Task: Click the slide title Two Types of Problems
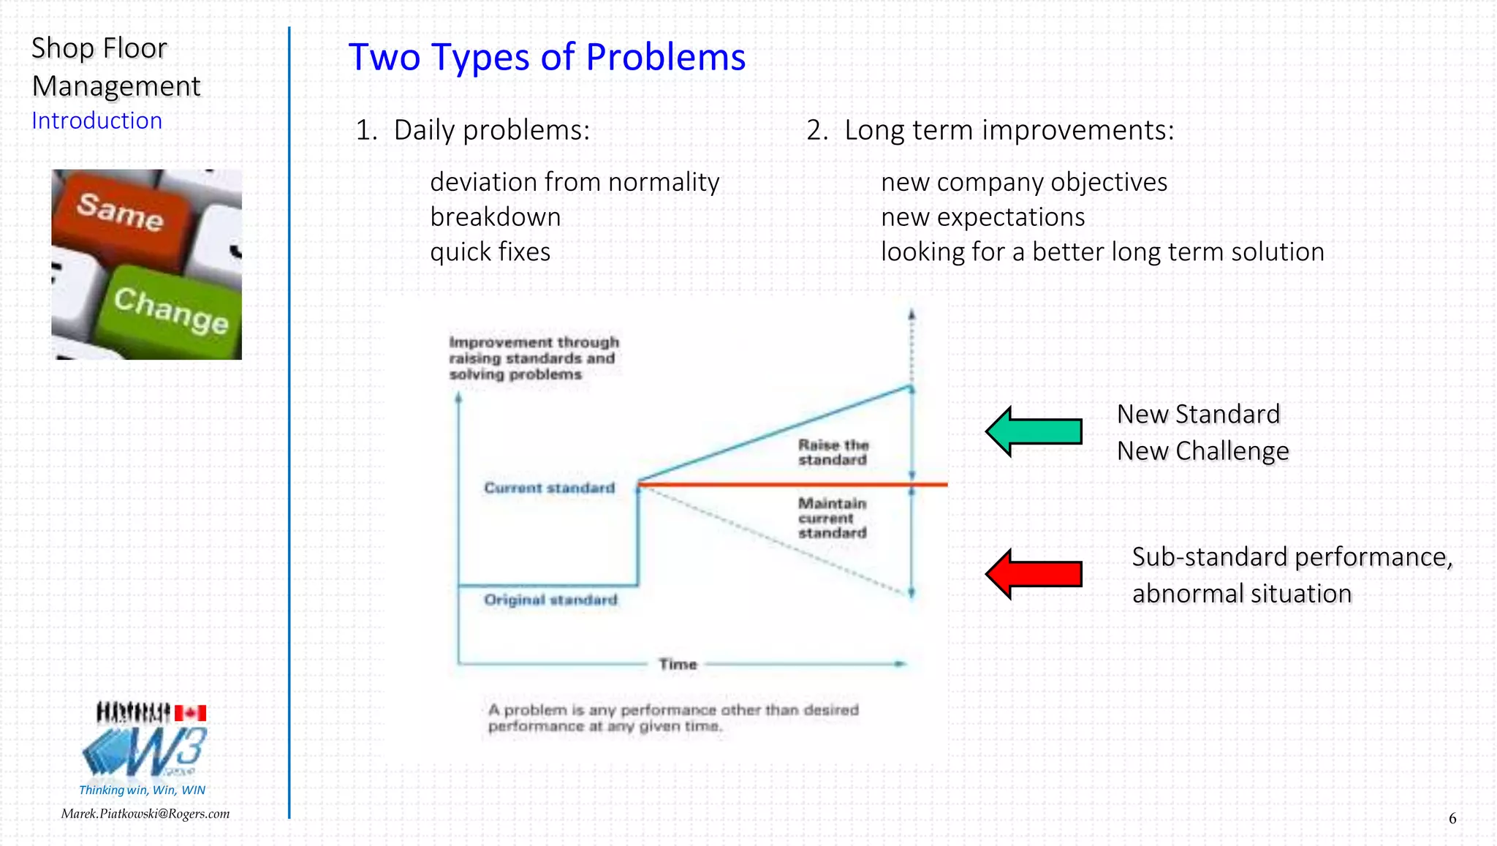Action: click(x=547, y=57)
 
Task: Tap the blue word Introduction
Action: click(x=96, y=121)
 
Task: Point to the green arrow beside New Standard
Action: click(x=1034, y=431)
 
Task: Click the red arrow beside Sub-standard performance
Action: click(x=1034, y=574)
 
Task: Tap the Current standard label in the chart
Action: click(x=549, y=488)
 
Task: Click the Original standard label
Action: click(x=550, y=600)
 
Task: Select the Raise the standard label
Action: click(x=833, y=452)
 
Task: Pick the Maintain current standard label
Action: click(x=832, y=518)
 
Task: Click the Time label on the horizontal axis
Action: click(x=678, y=664)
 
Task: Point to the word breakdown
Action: click(x=495, y=217)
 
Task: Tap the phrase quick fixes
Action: click(x=490, y=252)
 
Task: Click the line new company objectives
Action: click(x=1023, y=182)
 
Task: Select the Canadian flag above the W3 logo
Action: click(x=190, y=713)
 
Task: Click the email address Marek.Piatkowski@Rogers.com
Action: click(x=145, y=814)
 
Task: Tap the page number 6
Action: click(x=1452, y=818)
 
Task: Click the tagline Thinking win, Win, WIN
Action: click(x=142, y=790)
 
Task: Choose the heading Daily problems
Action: click(x=490, y=130)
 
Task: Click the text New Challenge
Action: click(x=1202, y=451)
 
